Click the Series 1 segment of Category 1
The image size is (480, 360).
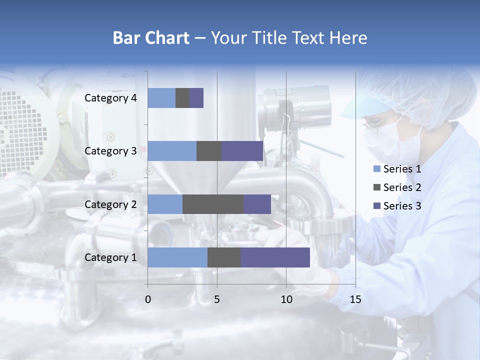tap(177, 257)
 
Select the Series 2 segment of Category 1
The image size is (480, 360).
tap(224, 257)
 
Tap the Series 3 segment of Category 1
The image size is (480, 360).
tap(275, 257)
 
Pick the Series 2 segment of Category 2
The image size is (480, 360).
tap(213, 204)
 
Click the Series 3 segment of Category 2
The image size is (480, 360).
tap(257, 204)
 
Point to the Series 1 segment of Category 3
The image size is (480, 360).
tap(172, 151)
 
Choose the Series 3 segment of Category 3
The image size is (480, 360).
tap(242, 151)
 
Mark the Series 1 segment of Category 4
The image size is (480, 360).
tap(161, 98)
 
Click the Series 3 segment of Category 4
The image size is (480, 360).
tap(196, 98)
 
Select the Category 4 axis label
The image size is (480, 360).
tap(110, 98)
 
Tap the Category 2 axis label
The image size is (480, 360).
tap(110, 204)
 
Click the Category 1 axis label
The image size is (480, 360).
tap(110, 257)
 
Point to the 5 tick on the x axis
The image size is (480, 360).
tap(217, 299)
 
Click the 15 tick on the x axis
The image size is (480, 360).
tap(355, 299)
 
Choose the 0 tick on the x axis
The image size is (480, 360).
tap(148, 299)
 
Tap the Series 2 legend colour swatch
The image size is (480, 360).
tap(377, 187)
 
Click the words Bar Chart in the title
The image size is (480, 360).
tap(150, 38)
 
